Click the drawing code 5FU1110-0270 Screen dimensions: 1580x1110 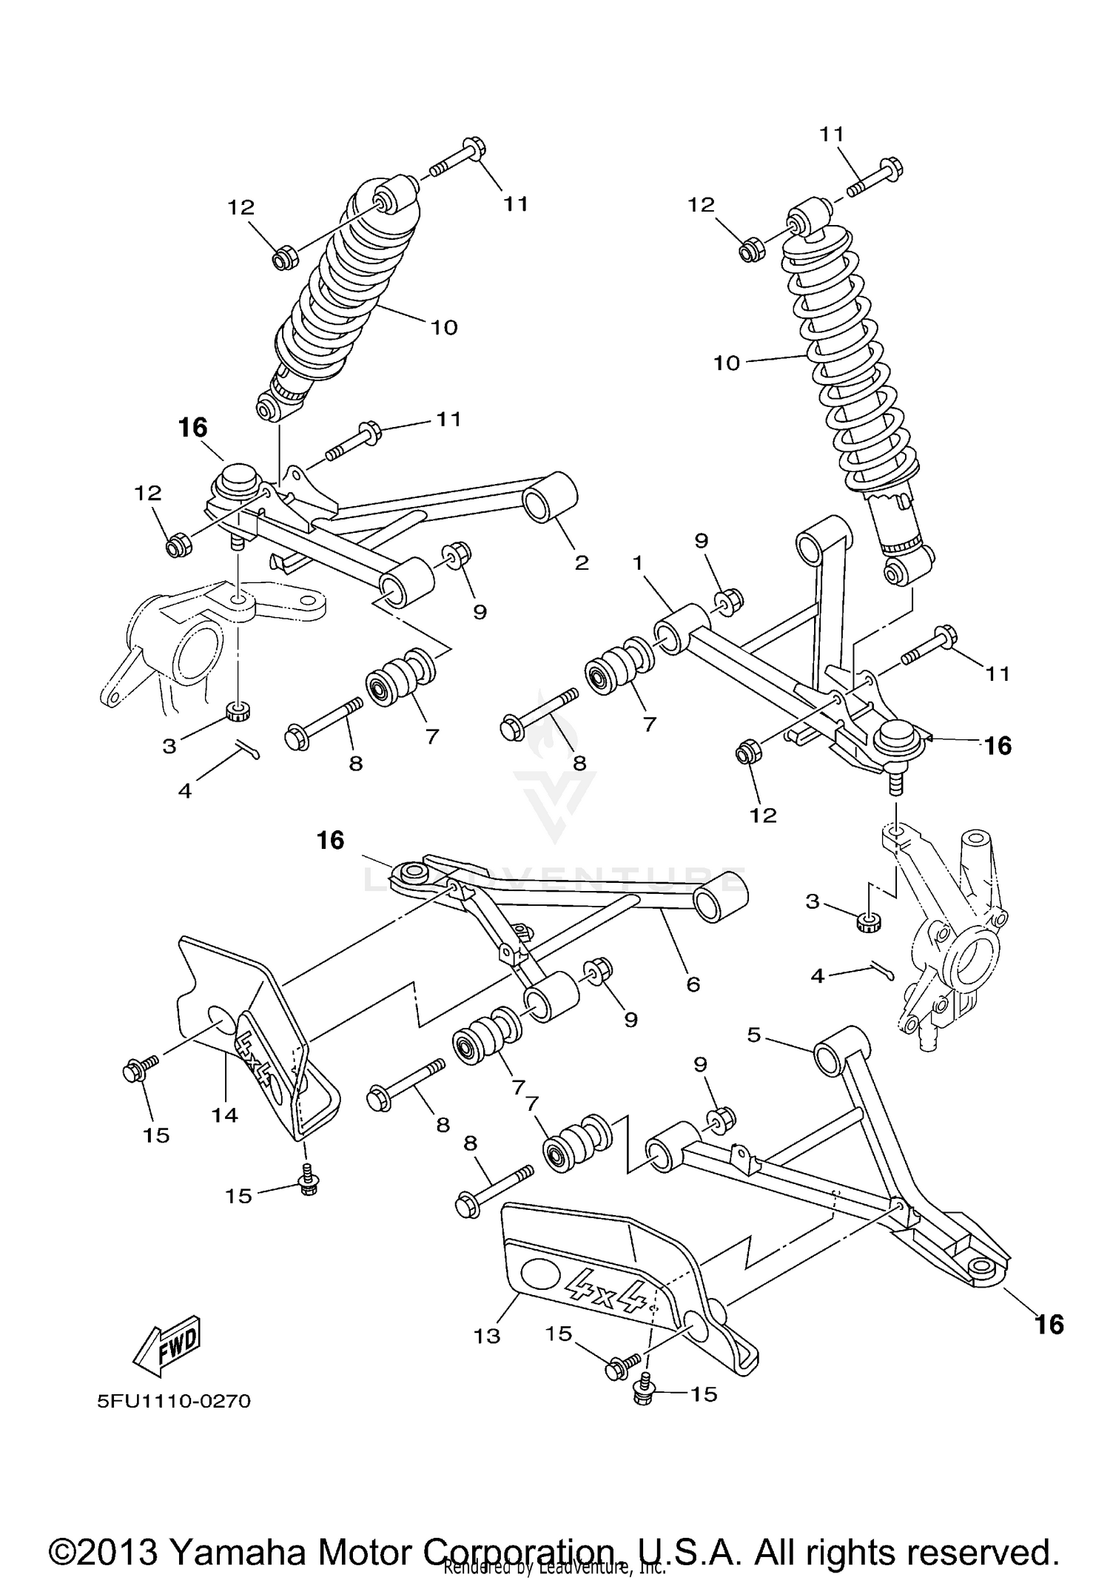(x=174, y=1401)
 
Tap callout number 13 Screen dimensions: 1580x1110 (x=488, y=1336)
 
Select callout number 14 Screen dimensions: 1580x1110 (x=225, y=1115)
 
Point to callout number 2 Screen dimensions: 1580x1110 (x=582, y=563)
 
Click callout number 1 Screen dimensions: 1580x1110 (x=638, y=563)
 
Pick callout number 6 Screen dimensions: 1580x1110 (x=693, y=984)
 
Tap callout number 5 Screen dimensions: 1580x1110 (x=754, y=1035)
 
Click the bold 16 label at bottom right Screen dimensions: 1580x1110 (x=1049, y=1323)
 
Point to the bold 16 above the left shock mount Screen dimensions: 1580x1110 (x=192, y=428)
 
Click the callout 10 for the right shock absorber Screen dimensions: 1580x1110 (x=727, y=363)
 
